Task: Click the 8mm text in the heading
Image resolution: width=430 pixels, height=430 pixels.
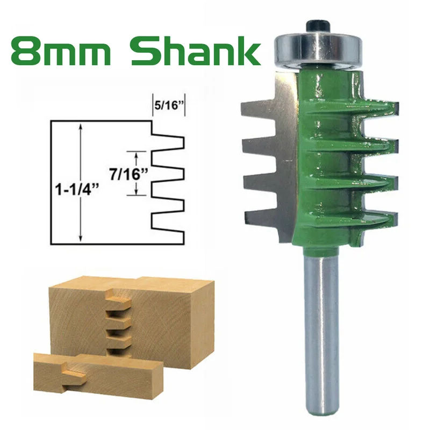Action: [x=61, y=51]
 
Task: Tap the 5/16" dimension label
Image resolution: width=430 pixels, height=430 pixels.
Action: [x=169, y=105]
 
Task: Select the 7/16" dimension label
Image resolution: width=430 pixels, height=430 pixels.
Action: [x=128, y=174]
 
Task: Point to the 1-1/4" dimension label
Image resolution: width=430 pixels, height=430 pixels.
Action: [x=76, y=189]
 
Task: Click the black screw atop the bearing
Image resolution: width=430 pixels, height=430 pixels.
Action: [x=318, y=26]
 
